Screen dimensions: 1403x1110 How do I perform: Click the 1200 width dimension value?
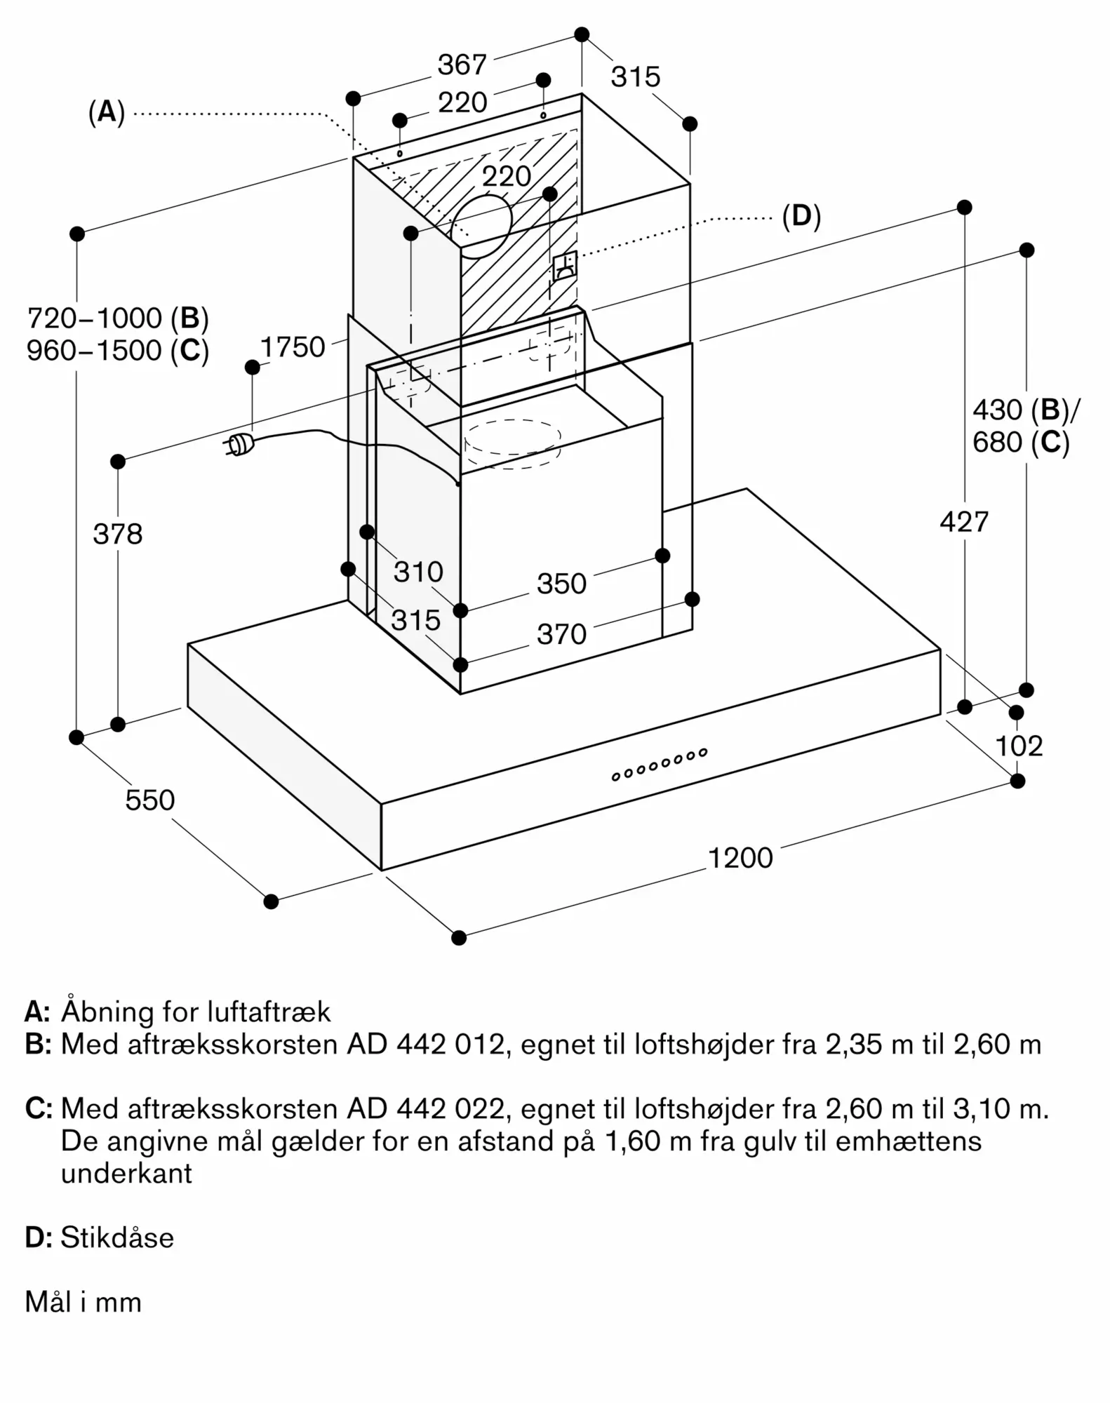point(740,857)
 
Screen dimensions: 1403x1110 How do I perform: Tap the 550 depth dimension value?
point(149,800)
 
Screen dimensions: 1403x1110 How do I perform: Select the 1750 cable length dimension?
point(293,347)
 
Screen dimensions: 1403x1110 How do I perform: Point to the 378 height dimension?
point(118,534)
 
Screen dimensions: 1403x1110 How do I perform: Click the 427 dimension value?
point(964,522)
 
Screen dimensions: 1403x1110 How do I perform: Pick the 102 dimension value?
point(1019,746)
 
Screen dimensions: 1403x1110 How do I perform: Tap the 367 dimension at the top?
point(462,65)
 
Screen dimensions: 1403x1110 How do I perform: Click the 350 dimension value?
point(561,584)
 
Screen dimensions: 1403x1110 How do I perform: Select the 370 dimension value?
point(561,634)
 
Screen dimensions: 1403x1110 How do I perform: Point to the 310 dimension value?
point(418,572)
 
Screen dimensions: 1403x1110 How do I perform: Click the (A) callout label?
point(107,112)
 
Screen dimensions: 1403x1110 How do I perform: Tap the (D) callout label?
point(801,216)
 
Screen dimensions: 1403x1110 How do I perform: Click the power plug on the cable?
point(238,443)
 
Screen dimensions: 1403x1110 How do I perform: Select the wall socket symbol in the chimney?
point(565,266)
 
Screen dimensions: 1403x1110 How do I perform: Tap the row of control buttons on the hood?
point(659,764)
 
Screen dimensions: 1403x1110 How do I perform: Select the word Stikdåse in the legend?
point(117,1237)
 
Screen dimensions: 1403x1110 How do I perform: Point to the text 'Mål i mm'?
point(83,1302)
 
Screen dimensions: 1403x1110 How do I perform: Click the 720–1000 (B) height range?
point(118,318)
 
